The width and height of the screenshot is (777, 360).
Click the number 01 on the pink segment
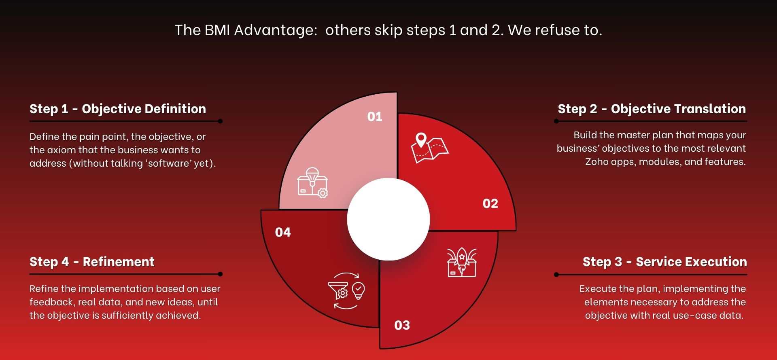click(375, 116)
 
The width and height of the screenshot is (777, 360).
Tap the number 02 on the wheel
click(490, 203)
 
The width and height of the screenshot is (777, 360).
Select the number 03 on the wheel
click(402, 325)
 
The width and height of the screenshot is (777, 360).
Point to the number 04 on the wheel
click(283, 232)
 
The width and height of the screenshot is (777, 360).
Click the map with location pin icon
click(430, 148)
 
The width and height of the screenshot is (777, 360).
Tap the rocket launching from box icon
click(462, 263)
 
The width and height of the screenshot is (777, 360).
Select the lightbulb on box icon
click(312, 182)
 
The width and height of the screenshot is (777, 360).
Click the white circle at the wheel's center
click(388, 219)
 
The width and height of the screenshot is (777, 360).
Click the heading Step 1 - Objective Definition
click(118, 109)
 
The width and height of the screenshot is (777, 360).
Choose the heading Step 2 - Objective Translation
click(652, 109)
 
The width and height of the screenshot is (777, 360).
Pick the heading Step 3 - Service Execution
click(665, 262)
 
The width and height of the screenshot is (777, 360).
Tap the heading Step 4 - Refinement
click(92, 262)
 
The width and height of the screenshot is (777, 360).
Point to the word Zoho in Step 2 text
click(595, 162)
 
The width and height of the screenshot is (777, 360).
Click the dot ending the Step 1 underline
click(220, 121)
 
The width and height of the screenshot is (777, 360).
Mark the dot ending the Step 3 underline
click(556, 275)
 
